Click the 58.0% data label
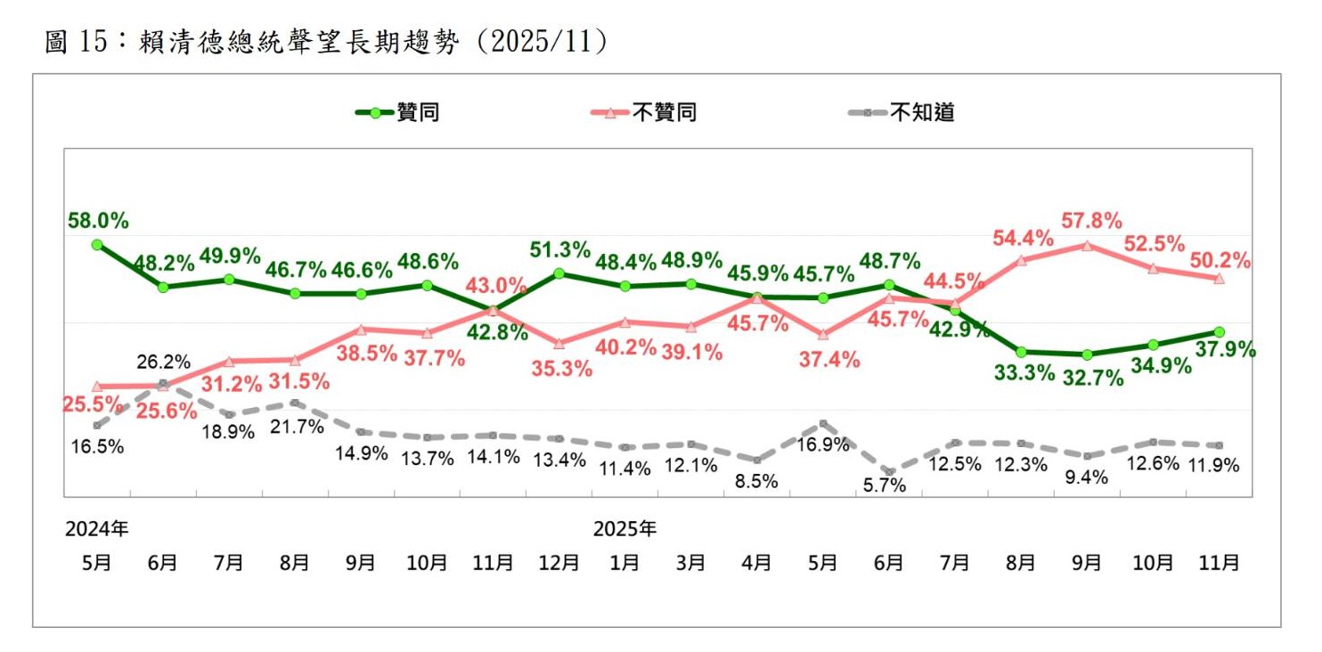98,220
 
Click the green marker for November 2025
1219,332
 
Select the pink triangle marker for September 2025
1087,245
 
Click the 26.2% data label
164,363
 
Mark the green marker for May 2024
96,244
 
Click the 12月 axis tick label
559,563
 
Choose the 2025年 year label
625,529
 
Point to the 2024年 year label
96,529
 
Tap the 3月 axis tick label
690,563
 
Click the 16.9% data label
822,444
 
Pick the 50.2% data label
1220,261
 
